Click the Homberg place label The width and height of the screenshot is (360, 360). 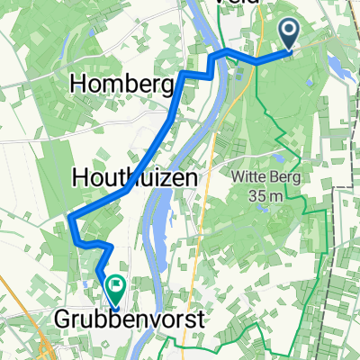point(121,85)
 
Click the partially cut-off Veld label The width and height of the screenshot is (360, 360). point(239,4)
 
